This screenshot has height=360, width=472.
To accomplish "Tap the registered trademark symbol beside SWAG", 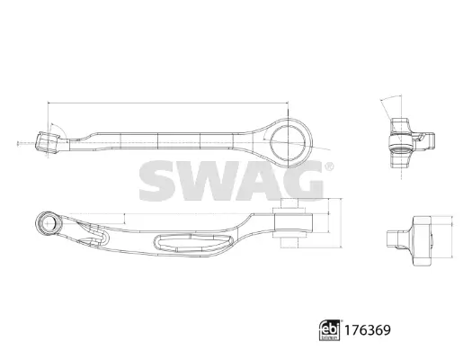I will (327, 165).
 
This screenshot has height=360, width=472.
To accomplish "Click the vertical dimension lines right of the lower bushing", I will (336, 225).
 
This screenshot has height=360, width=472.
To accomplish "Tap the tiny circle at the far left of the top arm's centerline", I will (18, 142).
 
